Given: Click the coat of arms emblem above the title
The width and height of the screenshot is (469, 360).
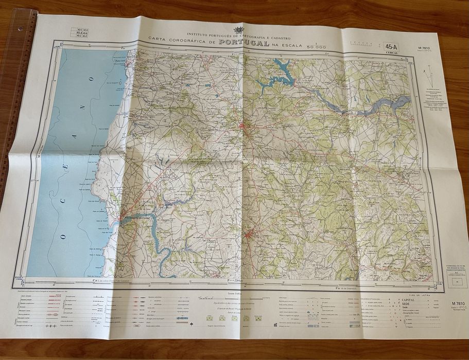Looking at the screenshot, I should tap(238, 30).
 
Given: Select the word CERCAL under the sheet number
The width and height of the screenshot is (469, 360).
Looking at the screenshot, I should tap(393, 52).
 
